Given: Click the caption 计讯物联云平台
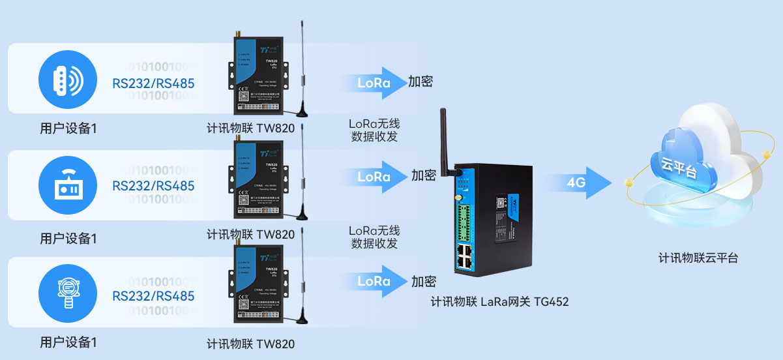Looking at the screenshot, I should pos(698,258).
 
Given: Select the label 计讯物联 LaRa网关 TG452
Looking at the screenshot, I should pos(500,302).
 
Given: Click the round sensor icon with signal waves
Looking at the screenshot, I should pos(67,80).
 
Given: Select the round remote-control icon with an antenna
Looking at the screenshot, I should pos(67,185).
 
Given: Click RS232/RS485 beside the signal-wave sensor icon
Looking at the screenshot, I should pos(153,83).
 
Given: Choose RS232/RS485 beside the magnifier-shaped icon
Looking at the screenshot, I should pos(153,296).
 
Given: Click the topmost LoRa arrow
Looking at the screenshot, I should pos(377,83).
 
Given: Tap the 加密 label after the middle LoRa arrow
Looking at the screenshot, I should pos(423,175).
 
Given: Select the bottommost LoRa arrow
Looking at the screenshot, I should pos(377,281).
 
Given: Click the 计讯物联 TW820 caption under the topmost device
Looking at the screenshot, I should pos(250,128).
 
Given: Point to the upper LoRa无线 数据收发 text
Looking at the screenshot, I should pos(374,129).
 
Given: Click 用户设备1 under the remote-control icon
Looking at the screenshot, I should pos(68,239).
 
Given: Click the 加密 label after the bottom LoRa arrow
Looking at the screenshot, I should pos(423,281).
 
